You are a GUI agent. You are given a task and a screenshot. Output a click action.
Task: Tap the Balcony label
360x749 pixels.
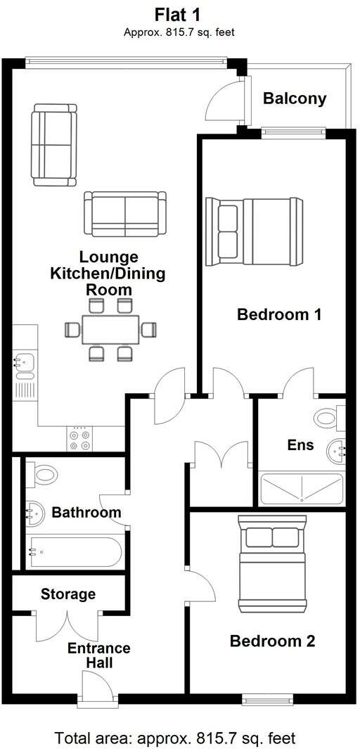(x=295, y=98)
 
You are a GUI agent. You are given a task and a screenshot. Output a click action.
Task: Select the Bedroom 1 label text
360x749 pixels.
(x=279, y=314)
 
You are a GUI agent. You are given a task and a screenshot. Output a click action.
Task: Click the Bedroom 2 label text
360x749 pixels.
(x=272, y=641)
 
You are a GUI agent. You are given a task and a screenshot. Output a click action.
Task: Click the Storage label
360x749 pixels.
(x=68, y=594)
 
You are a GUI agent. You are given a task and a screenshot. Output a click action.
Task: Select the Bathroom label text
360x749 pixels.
(x=86, y=513)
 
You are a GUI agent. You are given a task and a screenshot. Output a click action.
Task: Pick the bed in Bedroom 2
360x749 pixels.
(x=273, y=564)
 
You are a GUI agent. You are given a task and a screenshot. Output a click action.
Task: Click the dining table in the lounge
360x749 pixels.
(x=110, y=329)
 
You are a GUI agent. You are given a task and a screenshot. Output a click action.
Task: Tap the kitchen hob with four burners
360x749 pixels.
(x=79, y=440)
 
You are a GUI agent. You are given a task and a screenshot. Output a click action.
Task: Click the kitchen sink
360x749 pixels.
(x=24, y=363)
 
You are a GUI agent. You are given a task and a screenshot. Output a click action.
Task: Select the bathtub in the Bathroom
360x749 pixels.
(x=75, y=553)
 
